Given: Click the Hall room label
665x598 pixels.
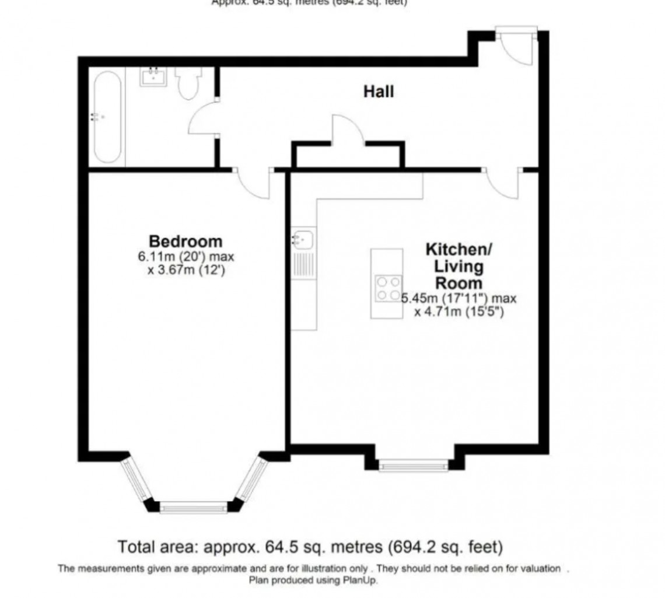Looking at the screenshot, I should click(379, 92).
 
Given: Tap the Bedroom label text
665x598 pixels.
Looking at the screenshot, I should click(185, 240).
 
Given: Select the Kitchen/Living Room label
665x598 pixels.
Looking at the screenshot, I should click(459, 267).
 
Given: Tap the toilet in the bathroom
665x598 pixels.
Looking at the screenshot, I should click(188, 83).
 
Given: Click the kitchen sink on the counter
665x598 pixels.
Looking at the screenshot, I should click(303, 238).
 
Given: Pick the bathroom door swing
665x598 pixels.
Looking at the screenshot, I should click(202, 121).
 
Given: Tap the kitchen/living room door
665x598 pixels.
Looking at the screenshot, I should click(503, 183).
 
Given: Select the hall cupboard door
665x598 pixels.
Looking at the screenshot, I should click(347, 130).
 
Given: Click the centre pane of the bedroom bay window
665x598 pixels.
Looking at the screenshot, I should click(194, 508).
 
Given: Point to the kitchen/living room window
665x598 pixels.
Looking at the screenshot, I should click(414, 466).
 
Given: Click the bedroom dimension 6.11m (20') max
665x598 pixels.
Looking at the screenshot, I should click(185, 257).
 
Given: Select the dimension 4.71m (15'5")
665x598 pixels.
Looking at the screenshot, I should click(459, 312).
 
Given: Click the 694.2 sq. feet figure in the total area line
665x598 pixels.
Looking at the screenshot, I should click(443, 548).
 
